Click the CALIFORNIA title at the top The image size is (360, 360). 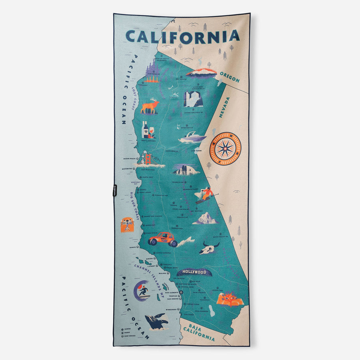182,36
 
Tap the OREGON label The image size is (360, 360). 230,78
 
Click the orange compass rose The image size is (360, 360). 225,149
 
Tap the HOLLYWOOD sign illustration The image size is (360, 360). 194,272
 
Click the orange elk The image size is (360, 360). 150,106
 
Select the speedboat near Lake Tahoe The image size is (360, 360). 192,138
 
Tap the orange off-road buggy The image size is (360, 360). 162,239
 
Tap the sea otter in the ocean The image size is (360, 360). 127,225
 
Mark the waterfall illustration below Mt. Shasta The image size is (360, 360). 193,99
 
